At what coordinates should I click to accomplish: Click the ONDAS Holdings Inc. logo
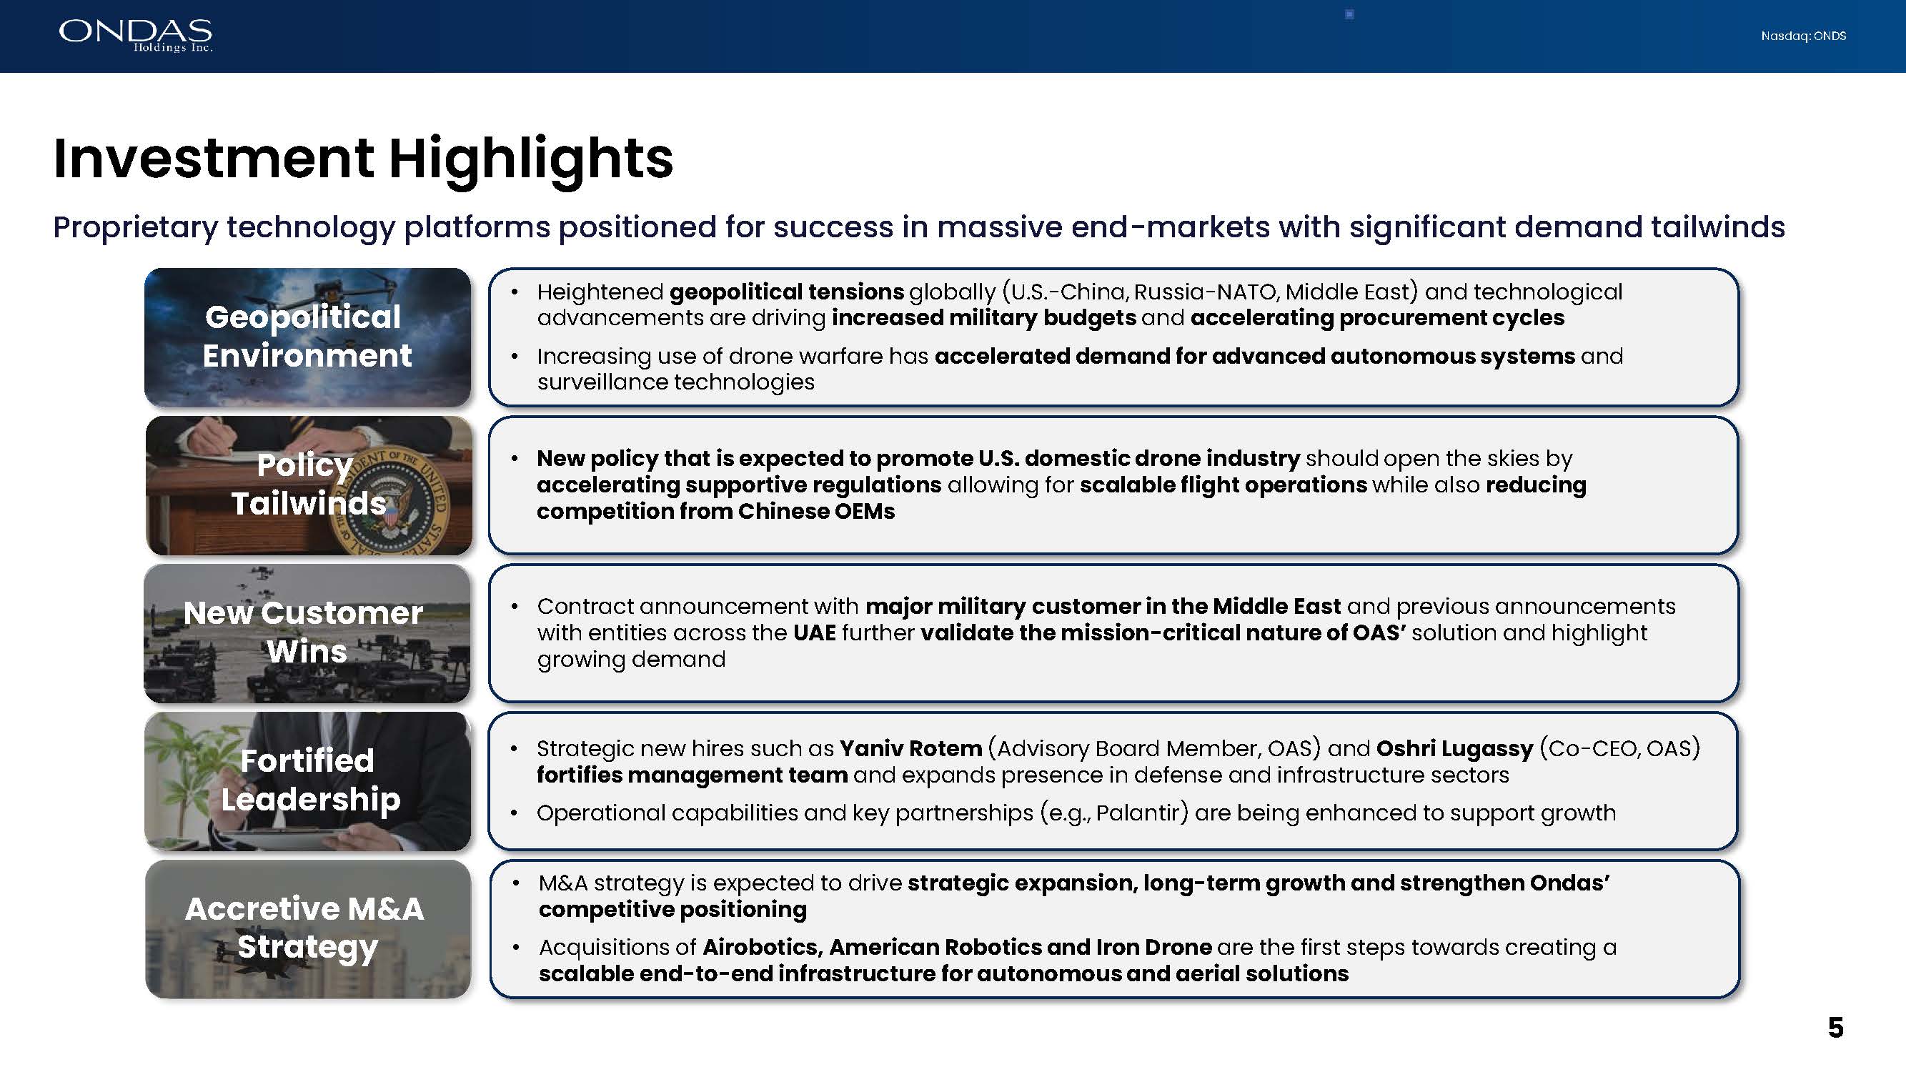coord(136,36)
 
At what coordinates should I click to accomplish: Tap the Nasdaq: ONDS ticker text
coord(1803,36)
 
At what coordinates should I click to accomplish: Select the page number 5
coord(1835,1028)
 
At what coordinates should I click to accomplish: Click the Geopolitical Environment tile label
coord(307,337)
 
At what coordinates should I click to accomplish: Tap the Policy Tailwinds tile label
coord(308,484)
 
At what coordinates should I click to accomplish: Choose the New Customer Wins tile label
coord(303,632)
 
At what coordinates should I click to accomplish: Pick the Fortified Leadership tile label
coord(309,780)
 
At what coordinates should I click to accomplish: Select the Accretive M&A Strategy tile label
coord(305,928)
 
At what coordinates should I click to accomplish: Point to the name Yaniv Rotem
coord(910,749)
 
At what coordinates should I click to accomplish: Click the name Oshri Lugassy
coord(1454,750)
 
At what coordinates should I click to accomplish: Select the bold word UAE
coord(815,633)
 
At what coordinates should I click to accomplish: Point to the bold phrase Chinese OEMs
coord(816,511)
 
